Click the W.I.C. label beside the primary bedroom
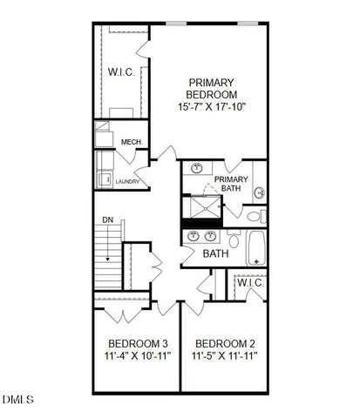121,71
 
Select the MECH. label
132,142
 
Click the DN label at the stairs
108,220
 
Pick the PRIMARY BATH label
230,185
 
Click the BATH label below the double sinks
215,253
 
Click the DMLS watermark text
17,401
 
